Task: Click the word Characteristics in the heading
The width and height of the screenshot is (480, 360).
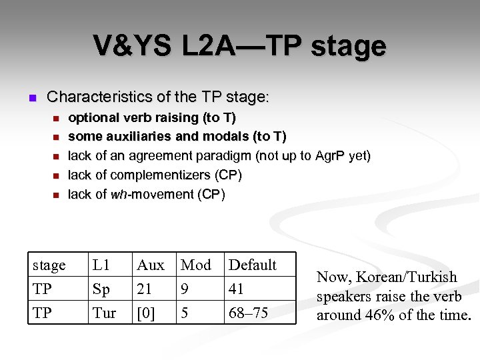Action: click(x=100, y=97)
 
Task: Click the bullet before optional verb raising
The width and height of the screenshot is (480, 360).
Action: click(x=56, y=119)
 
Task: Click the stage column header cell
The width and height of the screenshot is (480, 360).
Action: click(x=49, y=265)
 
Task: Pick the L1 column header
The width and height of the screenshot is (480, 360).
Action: click(x=101, y=265)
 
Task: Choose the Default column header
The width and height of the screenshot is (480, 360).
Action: click(x=253, y=265)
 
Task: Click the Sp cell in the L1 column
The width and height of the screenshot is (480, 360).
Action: click(x=101, y=289)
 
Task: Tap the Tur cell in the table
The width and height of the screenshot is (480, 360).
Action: click(x=104, y=313)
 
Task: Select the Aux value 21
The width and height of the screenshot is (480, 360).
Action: click(x=145, y=289)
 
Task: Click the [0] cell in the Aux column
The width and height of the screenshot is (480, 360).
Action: click(x=145, y=313)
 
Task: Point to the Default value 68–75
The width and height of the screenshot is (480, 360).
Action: click(x=248, y=313)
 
